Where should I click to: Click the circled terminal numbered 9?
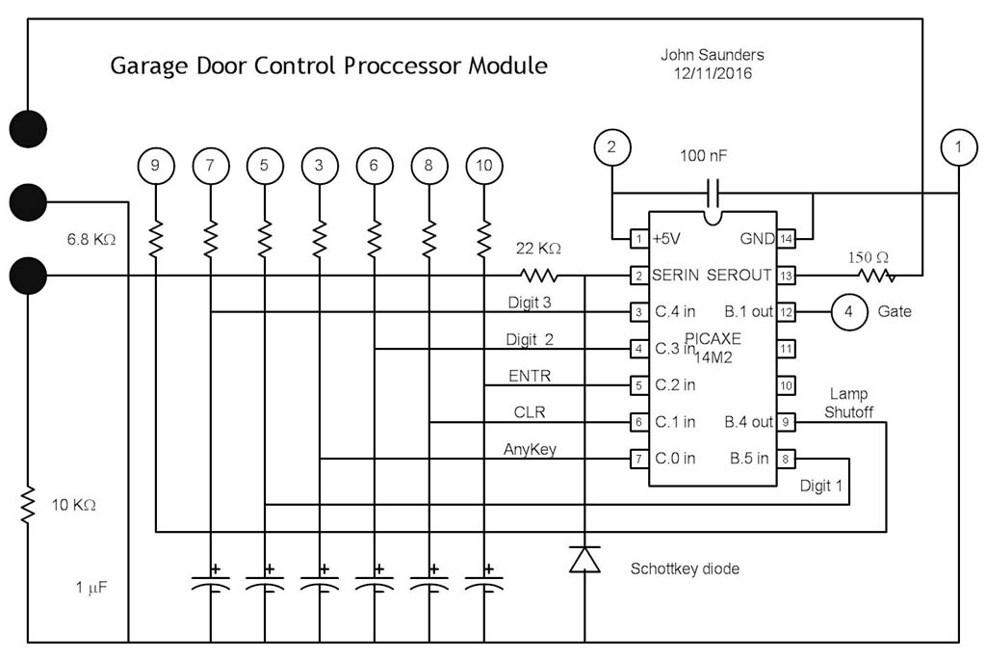155,165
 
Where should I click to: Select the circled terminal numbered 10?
483,165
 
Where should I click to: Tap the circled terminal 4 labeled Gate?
847,312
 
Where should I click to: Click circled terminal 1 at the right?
957,147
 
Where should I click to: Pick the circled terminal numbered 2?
611,147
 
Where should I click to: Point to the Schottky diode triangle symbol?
584,559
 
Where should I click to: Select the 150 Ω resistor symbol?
875,276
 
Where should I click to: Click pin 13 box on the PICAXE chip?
786,276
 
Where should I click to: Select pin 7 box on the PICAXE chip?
637,459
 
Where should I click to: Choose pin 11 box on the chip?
786,349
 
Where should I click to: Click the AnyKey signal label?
530,449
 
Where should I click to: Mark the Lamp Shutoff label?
849,403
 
